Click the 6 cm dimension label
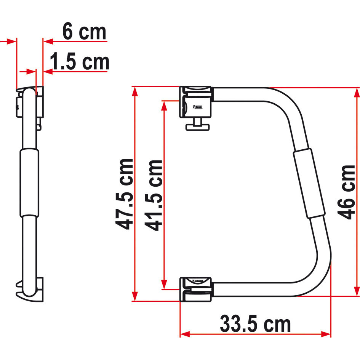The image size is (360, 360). pos(84,32)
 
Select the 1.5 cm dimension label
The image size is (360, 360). pos(80,62)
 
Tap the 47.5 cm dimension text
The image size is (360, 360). pos(125,194)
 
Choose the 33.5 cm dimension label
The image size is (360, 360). pos(255,325)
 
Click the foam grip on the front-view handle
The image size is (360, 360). pos(309,184)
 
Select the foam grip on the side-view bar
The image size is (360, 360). pos(29,182)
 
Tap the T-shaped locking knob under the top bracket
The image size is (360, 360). pos(197,126)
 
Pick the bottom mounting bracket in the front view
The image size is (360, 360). pos(195,289)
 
